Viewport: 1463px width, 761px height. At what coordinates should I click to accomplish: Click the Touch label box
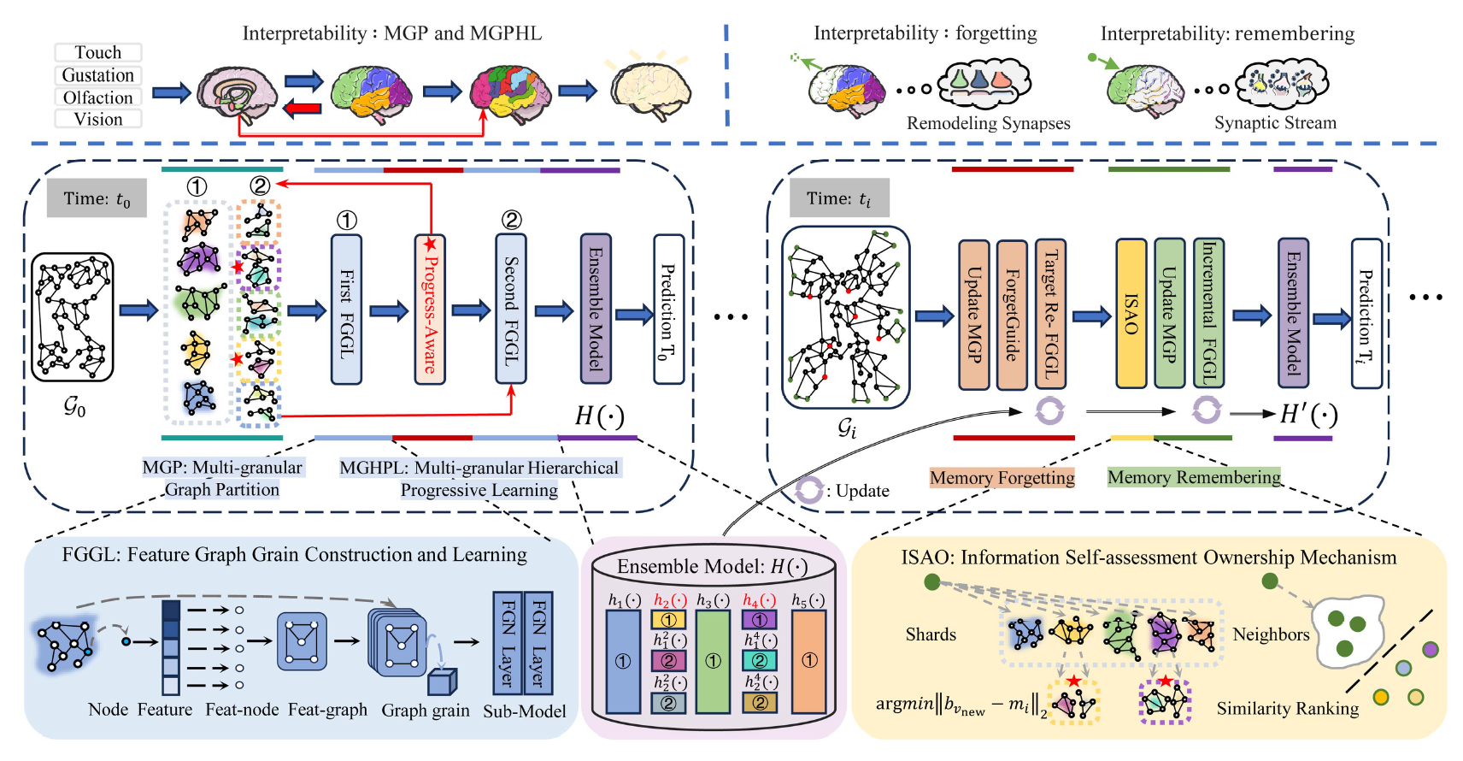pos(98,53)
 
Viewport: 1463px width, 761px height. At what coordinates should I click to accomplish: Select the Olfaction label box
pos(98,97)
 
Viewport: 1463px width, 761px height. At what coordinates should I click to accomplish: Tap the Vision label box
pos(98,120)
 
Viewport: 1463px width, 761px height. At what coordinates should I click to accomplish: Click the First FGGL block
pos(346,310)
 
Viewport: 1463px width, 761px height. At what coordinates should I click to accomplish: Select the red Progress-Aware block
pos(431,310)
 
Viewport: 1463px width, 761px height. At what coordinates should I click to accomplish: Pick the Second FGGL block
pos(511,310)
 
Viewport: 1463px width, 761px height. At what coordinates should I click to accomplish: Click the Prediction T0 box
pos(668,310)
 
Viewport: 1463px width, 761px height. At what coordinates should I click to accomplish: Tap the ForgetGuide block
pos(1012,315)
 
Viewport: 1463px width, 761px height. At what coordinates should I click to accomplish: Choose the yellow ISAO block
pos(1131,315)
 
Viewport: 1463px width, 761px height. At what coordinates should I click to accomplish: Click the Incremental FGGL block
pos(1208,313)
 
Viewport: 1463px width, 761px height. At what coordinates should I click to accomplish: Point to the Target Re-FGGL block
pos(1050,315)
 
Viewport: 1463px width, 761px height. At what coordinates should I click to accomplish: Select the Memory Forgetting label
pos(1002,478)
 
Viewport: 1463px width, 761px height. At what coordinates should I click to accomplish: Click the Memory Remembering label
pos(1194,477)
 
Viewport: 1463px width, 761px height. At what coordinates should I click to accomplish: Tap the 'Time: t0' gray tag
pos(97,199)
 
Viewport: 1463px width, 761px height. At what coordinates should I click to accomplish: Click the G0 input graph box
pos(73,316)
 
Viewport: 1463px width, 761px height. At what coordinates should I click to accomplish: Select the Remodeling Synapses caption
pos(988,123)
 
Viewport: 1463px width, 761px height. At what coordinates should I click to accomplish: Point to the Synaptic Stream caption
pos(1275,123)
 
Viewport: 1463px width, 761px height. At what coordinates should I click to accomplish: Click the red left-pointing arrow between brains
pos(303,108)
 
